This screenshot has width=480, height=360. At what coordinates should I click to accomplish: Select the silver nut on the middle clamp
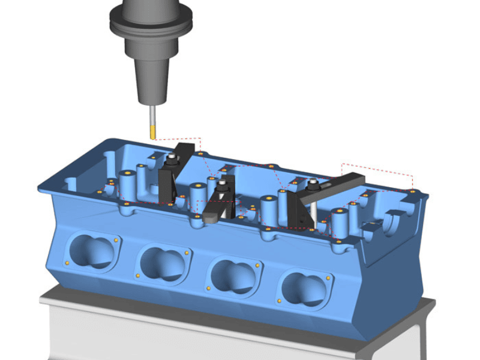click(223, 183)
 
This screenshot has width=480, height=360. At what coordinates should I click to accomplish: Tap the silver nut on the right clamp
click(313, 182)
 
